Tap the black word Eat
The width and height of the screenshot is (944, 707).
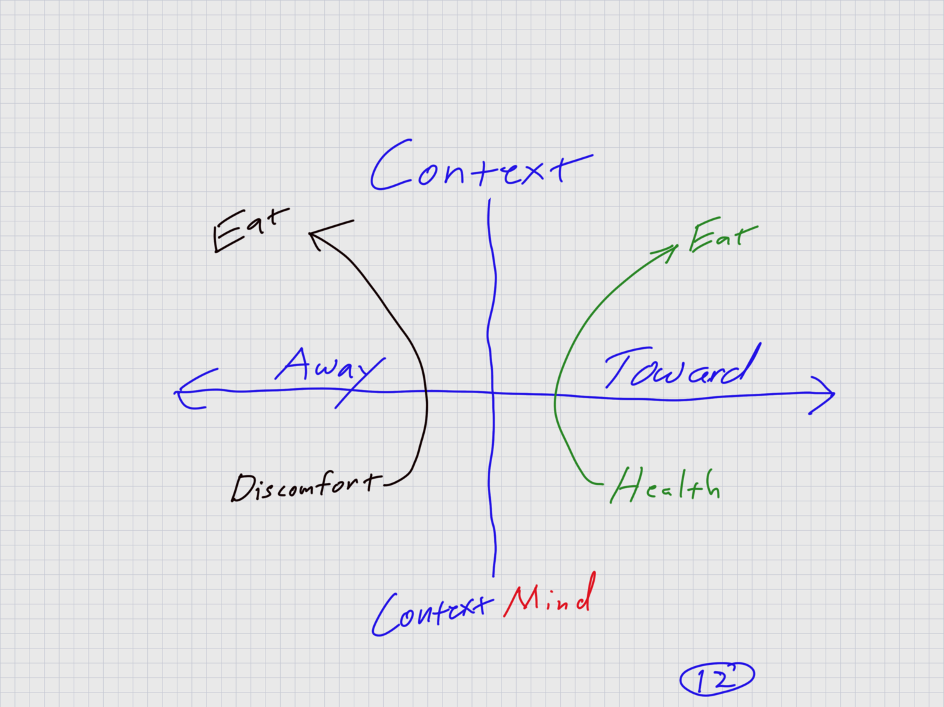pos(250,229)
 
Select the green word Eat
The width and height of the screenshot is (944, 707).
pos(722,236)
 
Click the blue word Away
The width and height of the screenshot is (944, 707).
pos(327,368)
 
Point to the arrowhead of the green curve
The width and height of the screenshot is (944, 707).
pos(674,248)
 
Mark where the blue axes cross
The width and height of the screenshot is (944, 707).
pos(492,392)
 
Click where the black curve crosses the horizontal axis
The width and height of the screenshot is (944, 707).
pos(427,392)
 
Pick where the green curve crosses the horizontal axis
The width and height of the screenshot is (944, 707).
pos(555,395)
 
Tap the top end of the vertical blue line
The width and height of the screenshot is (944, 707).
pos(489,201)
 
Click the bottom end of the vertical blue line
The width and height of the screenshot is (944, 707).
pos(493,575)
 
